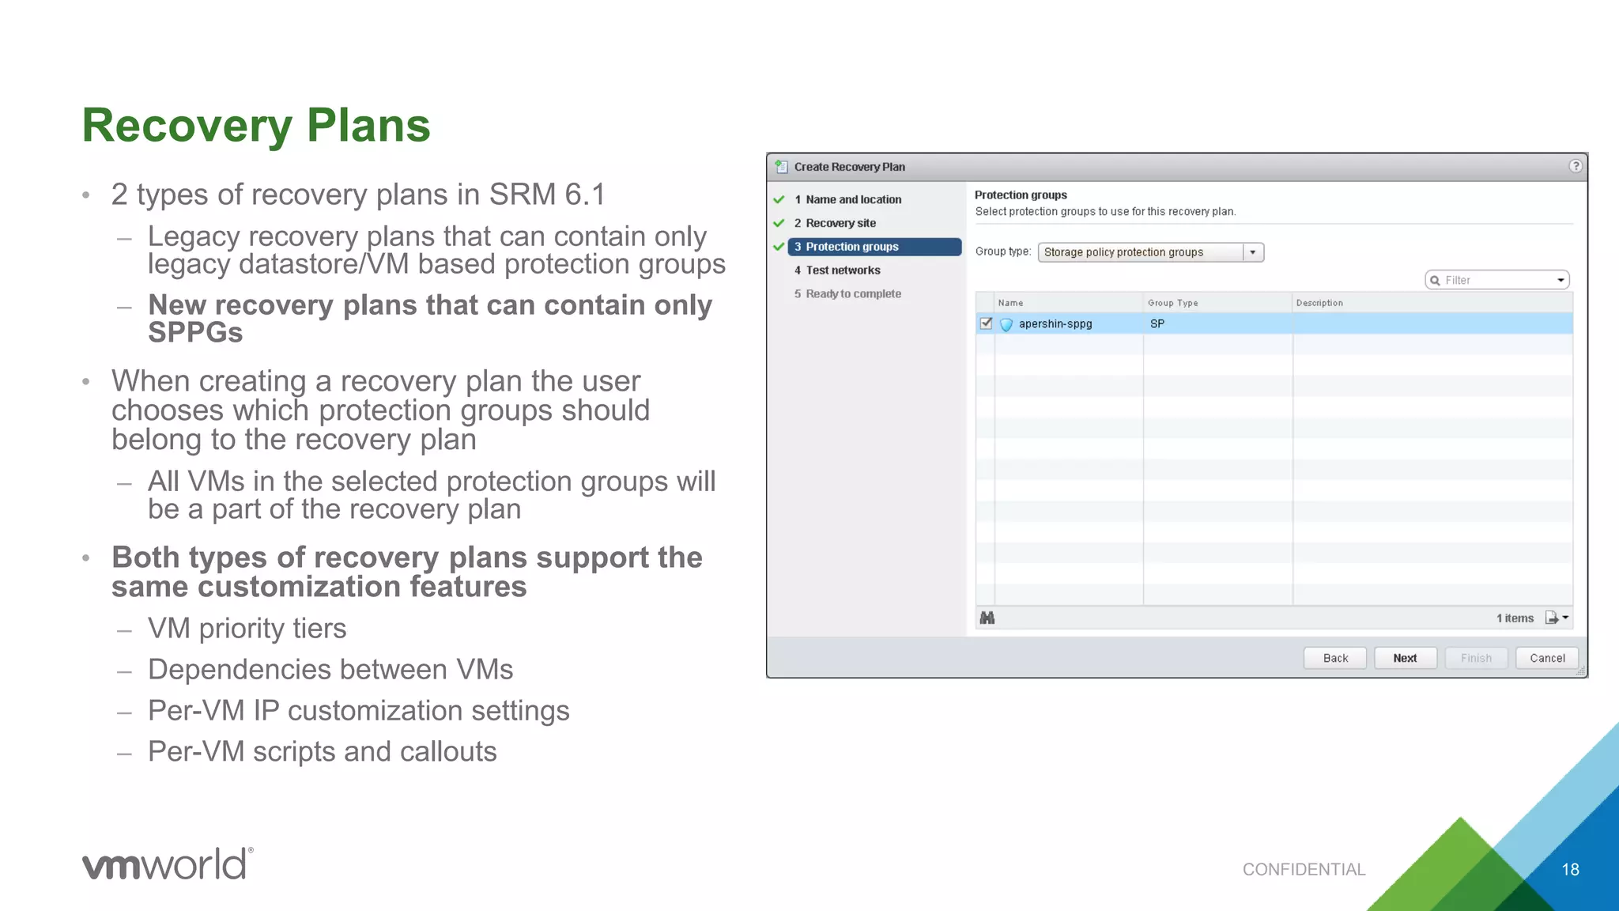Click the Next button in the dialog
pyautogui.click(x=1405, y=658)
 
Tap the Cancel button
pyautogui.click(x=1546, y=658)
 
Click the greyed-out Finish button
pyautogui.click(x=1476, y=658)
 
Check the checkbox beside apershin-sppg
pyautogui.click(x=986, y=323)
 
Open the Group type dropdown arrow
pyautogui.click(x=1253, y=252)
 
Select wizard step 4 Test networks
pyautogui.click(x=843, y=270)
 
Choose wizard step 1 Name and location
pyautogui.click(x=853, y=199)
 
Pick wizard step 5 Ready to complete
pyautogui.click(x=853, y=294)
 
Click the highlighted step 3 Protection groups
pyautogui.click(x=851, y=247)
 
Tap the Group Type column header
pyautogui.click(x=1172, y=303)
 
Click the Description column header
pyautogui.click(x=1319, y=303)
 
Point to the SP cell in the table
pyautogui.click(x=1157, y=323)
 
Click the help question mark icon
pyautogui.click(x=1576, y=166)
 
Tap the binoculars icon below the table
pyautogui.click(x=987, y=618)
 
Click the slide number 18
pyautogui.click(x=1570, y=870)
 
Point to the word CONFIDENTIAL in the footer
pyautogui.click(x=1304, y=870)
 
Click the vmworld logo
pyautogui.click(x=168, y=864)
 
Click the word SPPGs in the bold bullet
pyautogui.click(x=195, y=333)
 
